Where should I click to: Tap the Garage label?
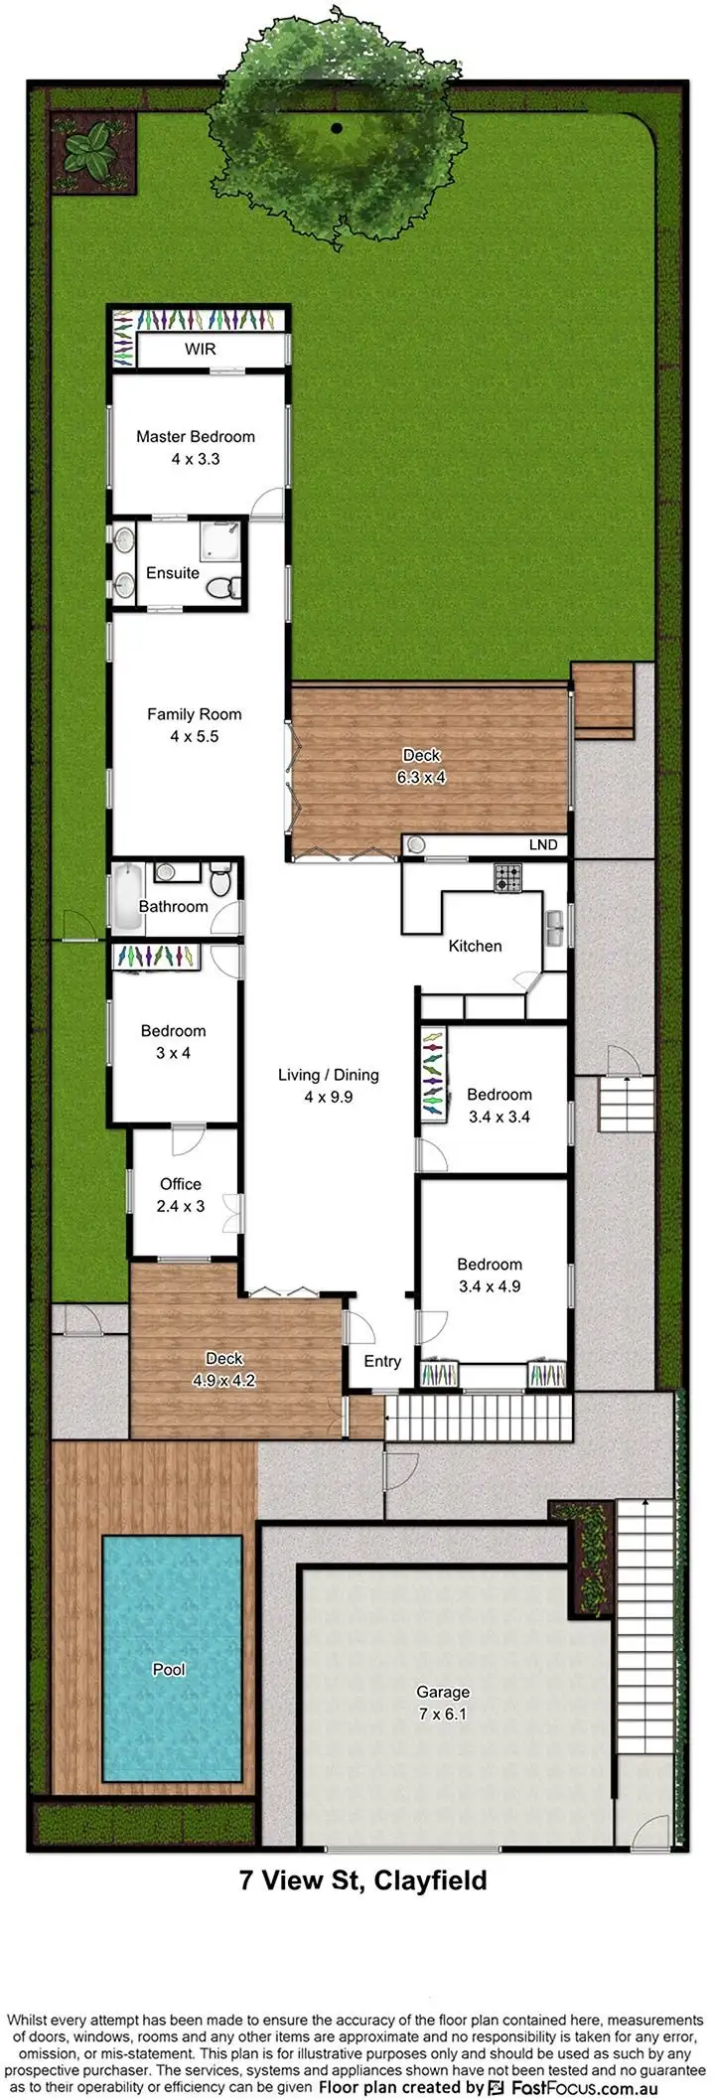(443, 1692)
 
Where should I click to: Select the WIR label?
(200, 350)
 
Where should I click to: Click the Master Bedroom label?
(196, 436)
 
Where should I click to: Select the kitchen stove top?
(508, 877)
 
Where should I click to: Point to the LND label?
(542, 844)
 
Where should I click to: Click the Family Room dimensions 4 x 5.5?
(194, 736)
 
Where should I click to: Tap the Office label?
(181, 1184)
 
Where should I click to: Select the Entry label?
(382, 1361)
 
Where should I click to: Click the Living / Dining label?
(328, 1075)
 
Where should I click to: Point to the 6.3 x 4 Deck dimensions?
(421, 777)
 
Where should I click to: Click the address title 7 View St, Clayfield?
(363, 1880)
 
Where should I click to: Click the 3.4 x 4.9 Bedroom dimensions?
(490, 1285)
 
